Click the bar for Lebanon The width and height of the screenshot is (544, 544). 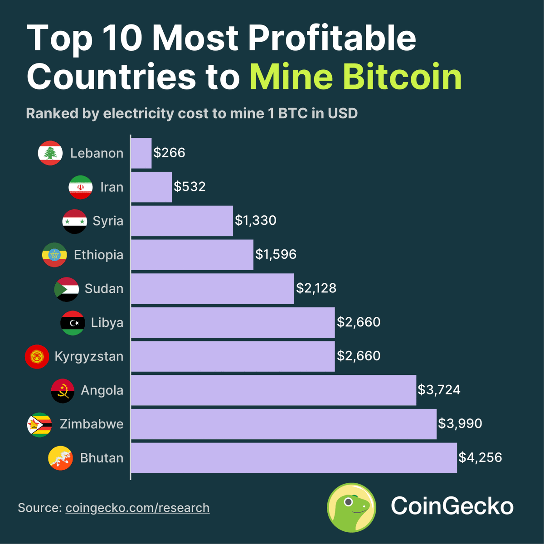141,153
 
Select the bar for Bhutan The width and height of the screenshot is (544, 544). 294,458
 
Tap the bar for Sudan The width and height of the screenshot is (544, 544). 212,289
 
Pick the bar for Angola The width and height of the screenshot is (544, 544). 273,390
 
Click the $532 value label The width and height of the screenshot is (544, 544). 190,187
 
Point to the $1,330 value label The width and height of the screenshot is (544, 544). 256,221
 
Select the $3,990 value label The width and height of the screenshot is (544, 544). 460,424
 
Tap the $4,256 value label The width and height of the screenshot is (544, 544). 480,457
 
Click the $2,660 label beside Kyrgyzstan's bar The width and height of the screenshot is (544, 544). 359,356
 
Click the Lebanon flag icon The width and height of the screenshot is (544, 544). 50,153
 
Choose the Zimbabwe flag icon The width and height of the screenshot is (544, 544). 39,424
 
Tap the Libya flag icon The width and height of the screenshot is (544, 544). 73,323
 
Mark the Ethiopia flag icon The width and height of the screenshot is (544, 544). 54,255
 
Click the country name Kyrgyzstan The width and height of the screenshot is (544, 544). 89,357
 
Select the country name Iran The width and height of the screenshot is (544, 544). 112,187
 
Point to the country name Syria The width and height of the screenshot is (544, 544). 108,221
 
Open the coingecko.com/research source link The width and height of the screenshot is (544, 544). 137,508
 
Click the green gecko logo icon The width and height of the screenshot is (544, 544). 352,507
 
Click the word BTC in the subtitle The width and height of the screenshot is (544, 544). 293,113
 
